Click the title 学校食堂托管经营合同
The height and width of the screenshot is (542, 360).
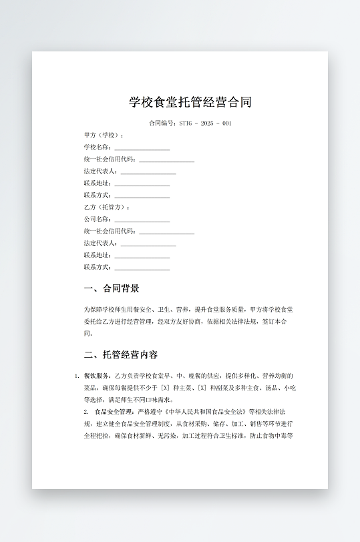coord(190,103)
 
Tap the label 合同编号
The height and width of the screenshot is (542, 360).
coord(162,123)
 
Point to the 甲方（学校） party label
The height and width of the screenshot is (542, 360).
coord(104,135)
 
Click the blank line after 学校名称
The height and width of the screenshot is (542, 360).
coord(142,148)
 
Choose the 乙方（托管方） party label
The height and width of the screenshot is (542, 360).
coord(106,208)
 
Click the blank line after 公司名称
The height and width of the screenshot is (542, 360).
coord(142,220)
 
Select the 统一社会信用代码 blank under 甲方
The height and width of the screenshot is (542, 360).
coord(166,160)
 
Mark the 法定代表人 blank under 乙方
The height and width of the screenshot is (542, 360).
coord(148,244)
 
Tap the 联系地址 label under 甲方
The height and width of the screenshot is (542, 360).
coord(98,184)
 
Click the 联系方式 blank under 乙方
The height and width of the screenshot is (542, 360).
coord(142,268)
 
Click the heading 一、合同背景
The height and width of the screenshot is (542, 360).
coord(112,289)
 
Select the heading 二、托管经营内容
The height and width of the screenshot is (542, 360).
coord(121,354)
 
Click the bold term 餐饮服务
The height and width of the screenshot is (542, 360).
coord(98,376)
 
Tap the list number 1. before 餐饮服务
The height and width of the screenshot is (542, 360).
coord(77,376)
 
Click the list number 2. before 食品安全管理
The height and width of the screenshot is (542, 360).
coord(86,412)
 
